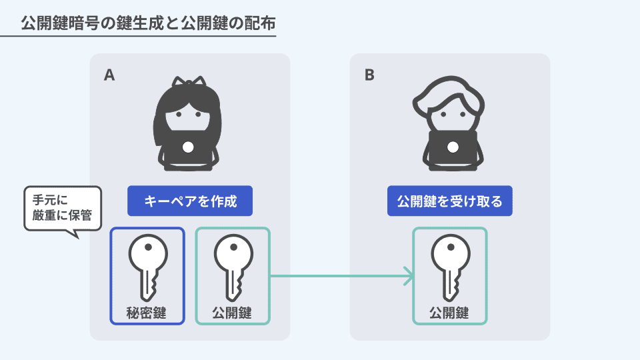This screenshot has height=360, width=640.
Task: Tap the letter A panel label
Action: [x=109, y=75]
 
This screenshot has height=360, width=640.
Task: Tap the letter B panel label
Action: [x=369, y=75]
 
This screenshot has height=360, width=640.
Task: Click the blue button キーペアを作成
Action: [x=190, y=201]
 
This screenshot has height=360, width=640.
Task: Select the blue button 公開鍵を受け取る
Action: [x=450, y=201]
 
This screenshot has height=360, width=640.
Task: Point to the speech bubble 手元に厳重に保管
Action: [x=62, y=207]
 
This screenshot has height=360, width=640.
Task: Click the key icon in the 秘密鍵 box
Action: [x=147, y=267]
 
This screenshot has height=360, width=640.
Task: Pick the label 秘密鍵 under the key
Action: [x=147, y=312]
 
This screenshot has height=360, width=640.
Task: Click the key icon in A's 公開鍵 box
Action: [x=232, y=267]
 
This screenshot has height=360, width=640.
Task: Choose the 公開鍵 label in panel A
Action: [x=232, y=312]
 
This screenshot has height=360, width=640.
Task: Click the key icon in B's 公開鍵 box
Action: [x=450, y=267]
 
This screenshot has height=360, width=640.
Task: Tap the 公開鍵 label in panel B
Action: [x=450, y=312]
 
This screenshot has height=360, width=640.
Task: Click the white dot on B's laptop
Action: [x=450, y=146]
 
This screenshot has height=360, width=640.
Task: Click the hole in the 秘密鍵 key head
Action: [x=147, y=246]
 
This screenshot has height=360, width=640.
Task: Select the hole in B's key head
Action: [x=450, y=246]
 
